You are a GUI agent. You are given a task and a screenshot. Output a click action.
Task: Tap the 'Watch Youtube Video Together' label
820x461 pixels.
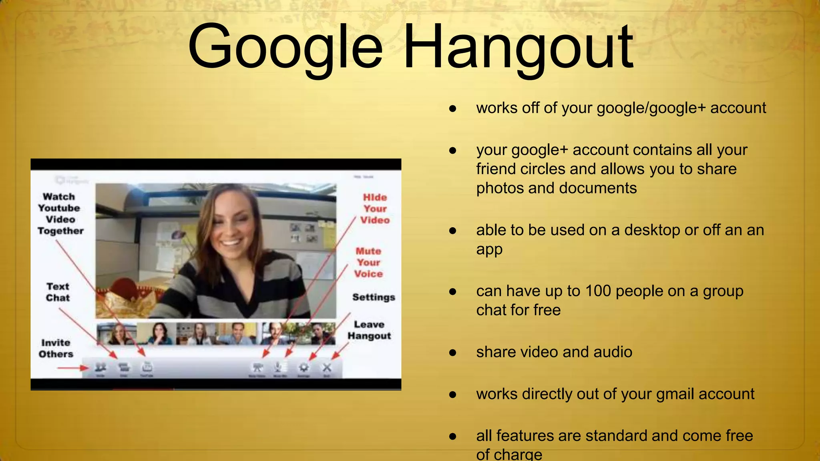tap(60, 214)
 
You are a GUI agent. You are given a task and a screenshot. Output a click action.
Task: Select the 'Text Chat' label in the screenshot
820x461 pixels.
tap(58, 292)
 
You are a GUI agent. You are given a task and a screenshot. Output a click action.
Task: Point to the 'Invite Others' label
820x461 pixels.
tap(56, 348)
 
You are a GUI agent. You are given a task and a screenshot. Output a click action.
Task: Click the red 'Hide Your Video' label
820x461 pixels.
tap(375, 208)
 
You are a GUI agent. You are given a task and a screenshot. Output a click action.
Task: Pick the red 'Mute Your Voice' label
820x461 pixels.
tap(368, 263)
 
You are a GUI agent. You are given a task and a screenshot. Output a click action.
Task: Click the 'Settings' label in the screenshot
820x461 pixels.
tap(374, 297)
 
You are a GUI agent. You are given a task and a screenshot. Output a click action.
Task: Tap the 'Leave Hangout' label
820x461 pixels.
tap(369, 330)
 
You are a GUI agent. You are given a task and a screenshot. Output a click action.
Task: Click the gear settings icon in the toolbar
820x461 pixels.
tap(304, 367)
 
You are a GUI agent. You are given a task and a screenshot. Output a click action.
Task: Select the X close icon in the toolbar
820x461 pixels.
tap(327, 367)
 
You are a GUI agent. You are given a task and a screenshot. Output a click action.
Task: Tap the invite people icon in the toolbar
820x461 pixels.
tap(100, 367)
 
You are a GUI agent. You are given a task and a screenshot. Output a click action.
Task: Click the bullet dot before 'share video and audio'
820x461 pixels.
tap(453, 353)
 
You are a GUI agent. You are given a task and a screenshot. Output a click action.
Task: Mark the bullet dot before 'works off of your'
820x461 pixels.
tap(453, 108)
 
